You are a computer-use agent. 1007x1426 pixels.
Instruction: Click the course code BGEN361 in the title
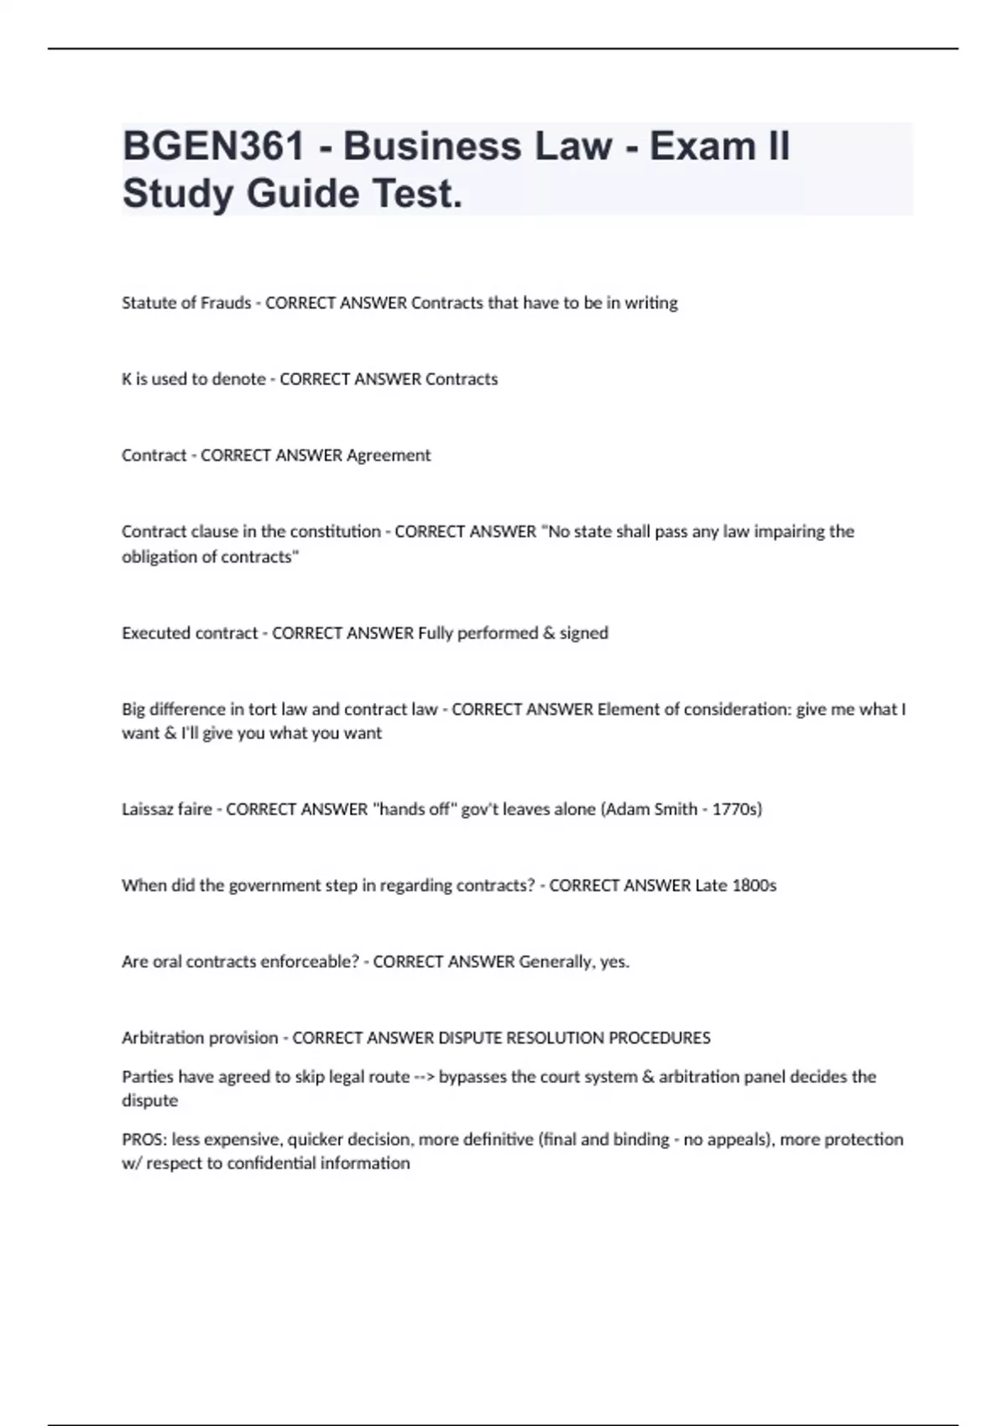(213, 146)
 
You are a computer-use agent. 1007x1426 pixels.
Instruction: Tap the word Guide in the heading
(303, 194)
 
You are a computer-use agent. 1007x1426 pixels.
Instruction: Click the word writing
(651, 303)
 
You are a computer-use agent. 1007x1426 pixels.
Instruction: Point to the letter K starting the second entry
(127, 379)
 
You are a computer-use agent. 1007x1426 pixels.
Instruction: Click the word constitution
(336, 532)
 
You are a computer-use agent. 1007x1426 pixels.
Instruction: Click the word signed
(584, 633)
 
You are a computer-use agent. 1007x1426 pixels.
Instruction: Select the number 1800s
(754, 886)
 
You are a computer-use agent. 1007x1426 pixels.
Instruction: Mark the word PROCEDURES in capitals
(660, 1038)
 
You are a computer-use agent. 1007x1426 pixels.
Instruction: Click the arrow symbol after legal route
(425, 1077)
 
